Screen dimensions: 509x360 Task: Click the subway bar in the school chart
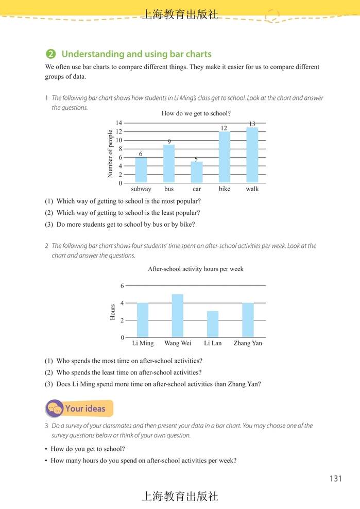[x=141, y=171]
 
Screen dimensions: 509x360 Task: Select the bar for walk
[x=252, y=155]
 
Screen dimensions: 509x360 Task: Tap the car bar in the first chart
[x=196, y=173]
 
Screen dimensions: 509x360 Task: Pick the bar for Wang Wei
[x=177, y=316]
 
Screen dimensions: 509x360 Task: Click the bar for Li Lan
[x=212, y=324]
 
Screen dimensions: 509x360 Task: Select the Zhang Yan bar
[x=247, y=320]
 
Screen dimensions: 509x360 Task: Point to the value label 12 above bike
[x=224, y=128]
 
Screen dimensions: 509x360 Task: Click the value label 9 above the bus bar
[x=169, y=141]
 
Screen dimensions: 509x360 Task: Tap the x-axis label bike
[x=224, y=189]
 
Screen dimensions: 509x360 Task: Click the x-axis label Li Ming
[x=143, y=343]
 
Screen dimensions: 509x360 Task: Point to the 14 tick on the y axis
[x=118, y=123]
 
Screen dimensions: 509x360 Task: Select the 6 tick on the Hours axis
[x=122, y=286]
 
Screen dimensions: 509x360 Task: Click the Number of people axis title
[x=110, y=154]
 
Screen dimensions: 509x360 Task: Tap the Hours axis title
[x=113, y=312]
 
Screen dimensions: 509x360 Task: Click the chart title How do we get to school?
[x=196, y=113]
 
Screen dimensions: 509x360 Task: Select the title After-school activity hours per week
[x=196, y=269]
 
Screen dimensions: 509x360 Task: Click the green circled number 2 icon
[x=50, y=54]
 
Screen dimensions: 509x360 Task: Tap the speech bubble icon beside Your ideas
[x=54, y=409]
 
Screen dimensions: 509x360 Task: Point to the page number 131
[x=335, y=479]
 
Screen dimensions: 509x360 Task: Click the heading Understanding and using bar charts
[x=136, y=54]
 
